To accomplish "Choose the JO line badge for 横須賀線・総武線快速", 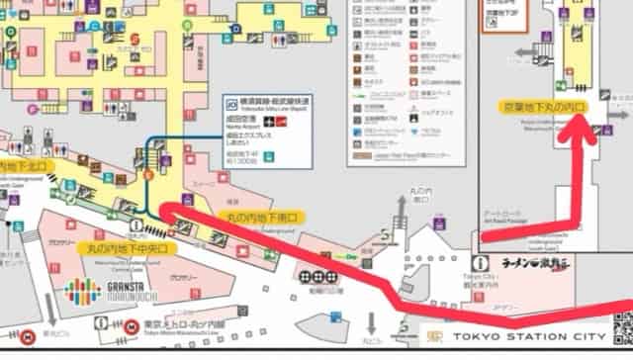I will pyautogui.click(x=231, y=102).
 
